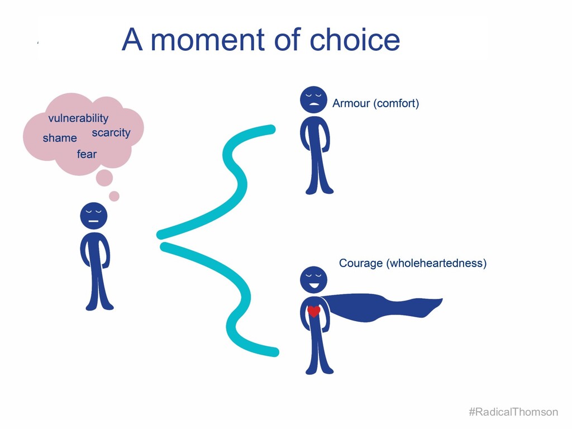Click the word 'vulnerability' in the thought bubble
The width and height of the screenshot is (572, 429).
[78, 118]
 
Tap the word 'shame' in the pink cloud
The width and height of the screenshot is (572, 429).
[60, 138]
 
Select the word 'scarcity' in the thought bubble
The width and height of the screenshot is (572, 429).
[111, 133]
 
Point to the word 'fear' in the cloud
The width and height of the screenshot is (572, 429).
[87, 154]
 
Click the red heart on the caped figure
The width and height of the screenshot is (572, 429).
[314, 311]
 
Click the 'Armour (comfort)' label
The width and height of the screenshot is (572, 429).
[375, 103]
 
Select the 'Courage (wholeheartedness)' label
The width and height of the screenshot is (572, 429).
[413, 263]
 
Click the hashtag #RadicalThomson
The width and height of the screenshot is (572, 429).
[513, 412]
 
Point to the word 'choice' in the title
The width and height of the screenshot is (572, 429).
[355, 40]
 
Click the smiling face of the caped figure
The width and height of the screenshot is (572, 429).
[314, 280]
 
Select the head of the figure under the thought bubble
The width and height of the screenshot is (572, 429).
[93, 216]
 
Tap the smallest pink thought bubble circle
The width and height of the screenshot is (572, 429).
[114, 196]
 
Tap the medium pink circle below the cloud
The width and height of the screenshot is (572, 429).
[104, 178]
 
